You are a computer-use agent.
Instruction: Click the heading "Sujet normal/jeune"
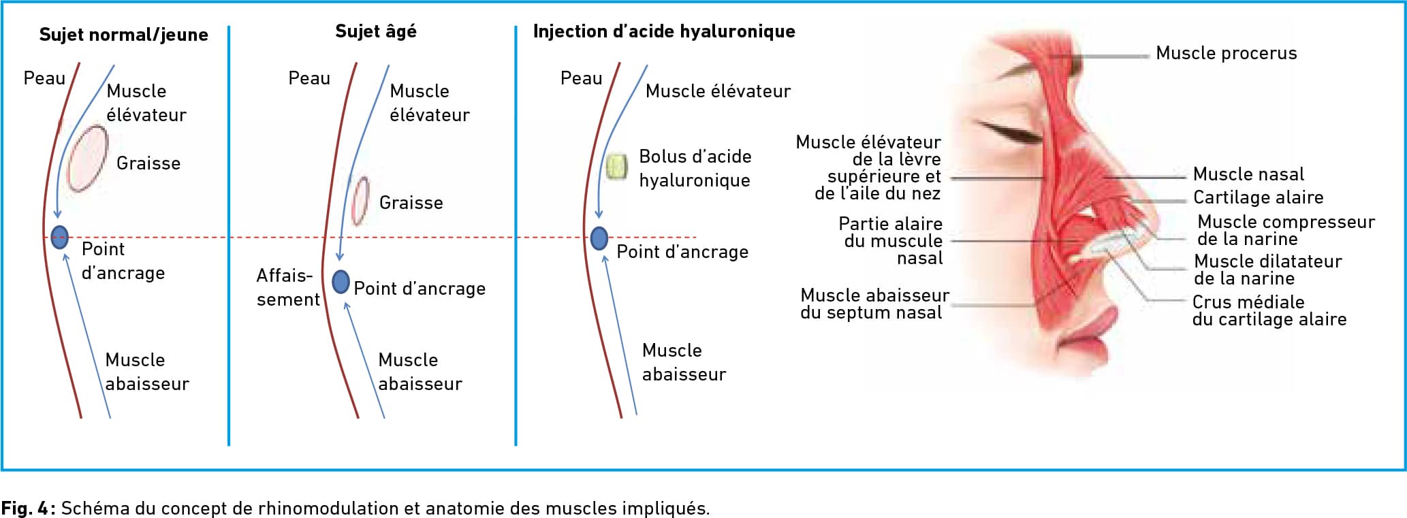pos(124,35)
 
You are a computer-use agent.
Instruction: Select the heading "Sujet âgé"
pos(376,31)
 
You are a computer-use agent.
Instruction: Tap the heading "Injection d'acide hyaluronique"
pos(664,31)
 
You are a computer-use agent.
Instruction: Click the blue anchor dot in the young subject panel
pos(60,237)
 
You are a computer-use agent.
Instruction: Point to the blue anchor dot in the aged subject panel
pos(341,281)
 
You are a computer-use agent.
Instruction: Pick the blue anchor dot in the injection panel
pos(599,238)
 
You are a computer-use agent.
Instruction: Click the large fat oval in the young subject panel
pos(87,159)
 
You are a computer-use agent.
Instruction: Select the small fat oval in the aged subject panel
pos(360,201)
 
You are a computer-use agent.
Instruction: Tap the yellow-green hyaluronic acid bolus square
pos(616,167)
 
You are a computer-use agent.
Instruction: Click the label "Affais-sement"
pos(288,287)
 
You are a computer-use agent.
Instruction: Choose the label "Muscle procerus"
pos(1227,53)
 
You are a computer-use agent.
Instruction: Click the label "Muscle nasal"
pos(1248,174)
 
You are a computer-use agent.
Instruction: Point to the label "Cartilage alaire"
pos(1259,197)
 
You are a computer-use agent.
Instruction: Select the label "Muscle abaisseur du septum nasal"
pos(874,304)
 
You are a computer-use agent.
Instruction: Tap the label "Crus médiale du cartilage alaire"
pos(1269,310)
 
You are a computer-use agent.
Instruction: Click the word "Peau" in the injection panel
pos(582,78)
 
